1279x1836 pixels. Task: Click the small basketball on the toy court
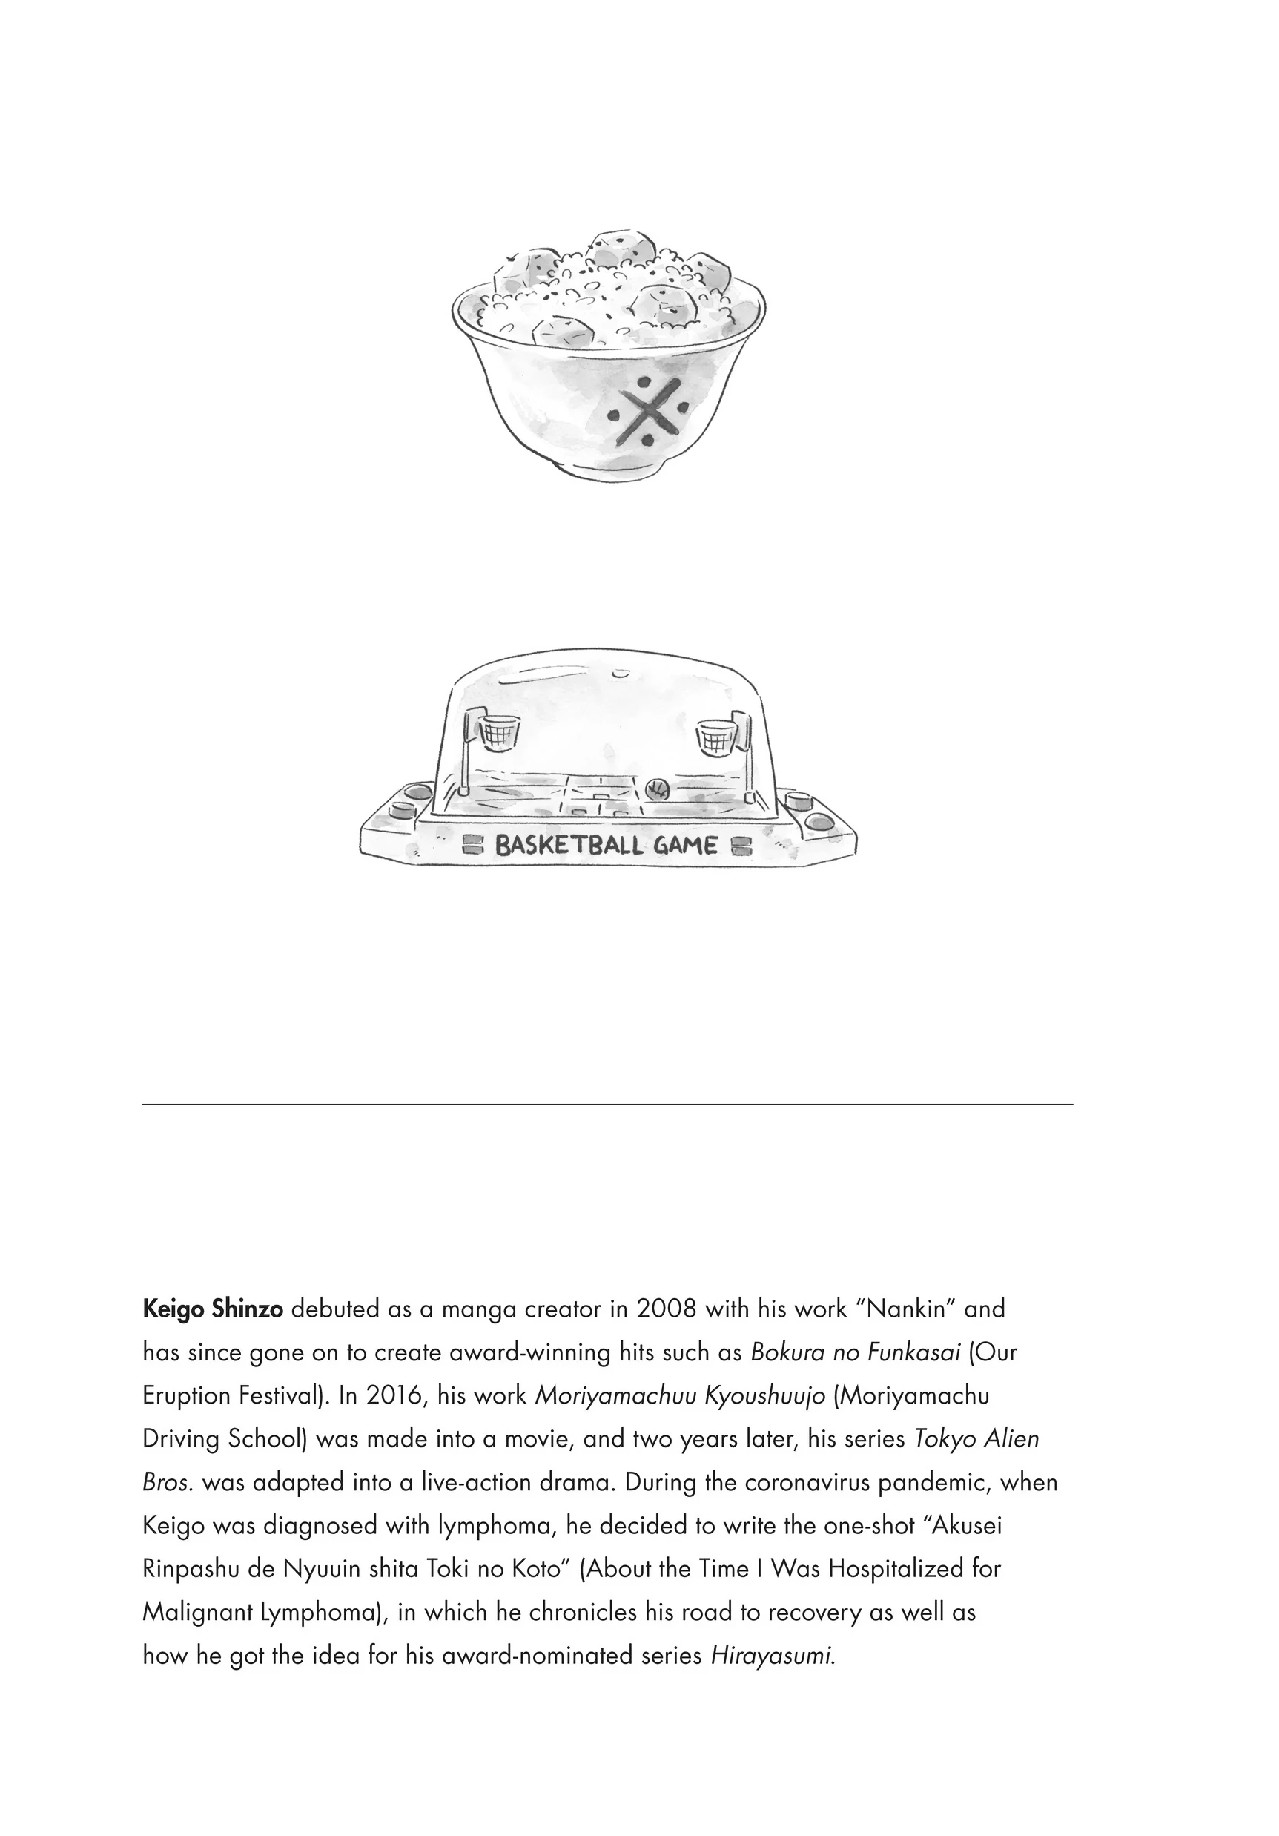[656, 789]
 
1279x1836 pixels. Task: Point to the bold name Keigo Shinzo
[213, 1309]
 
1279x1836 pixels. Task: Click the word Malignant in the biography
[197, 1611]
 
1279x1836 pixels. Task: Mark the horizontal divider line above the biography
[607, 1105]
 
